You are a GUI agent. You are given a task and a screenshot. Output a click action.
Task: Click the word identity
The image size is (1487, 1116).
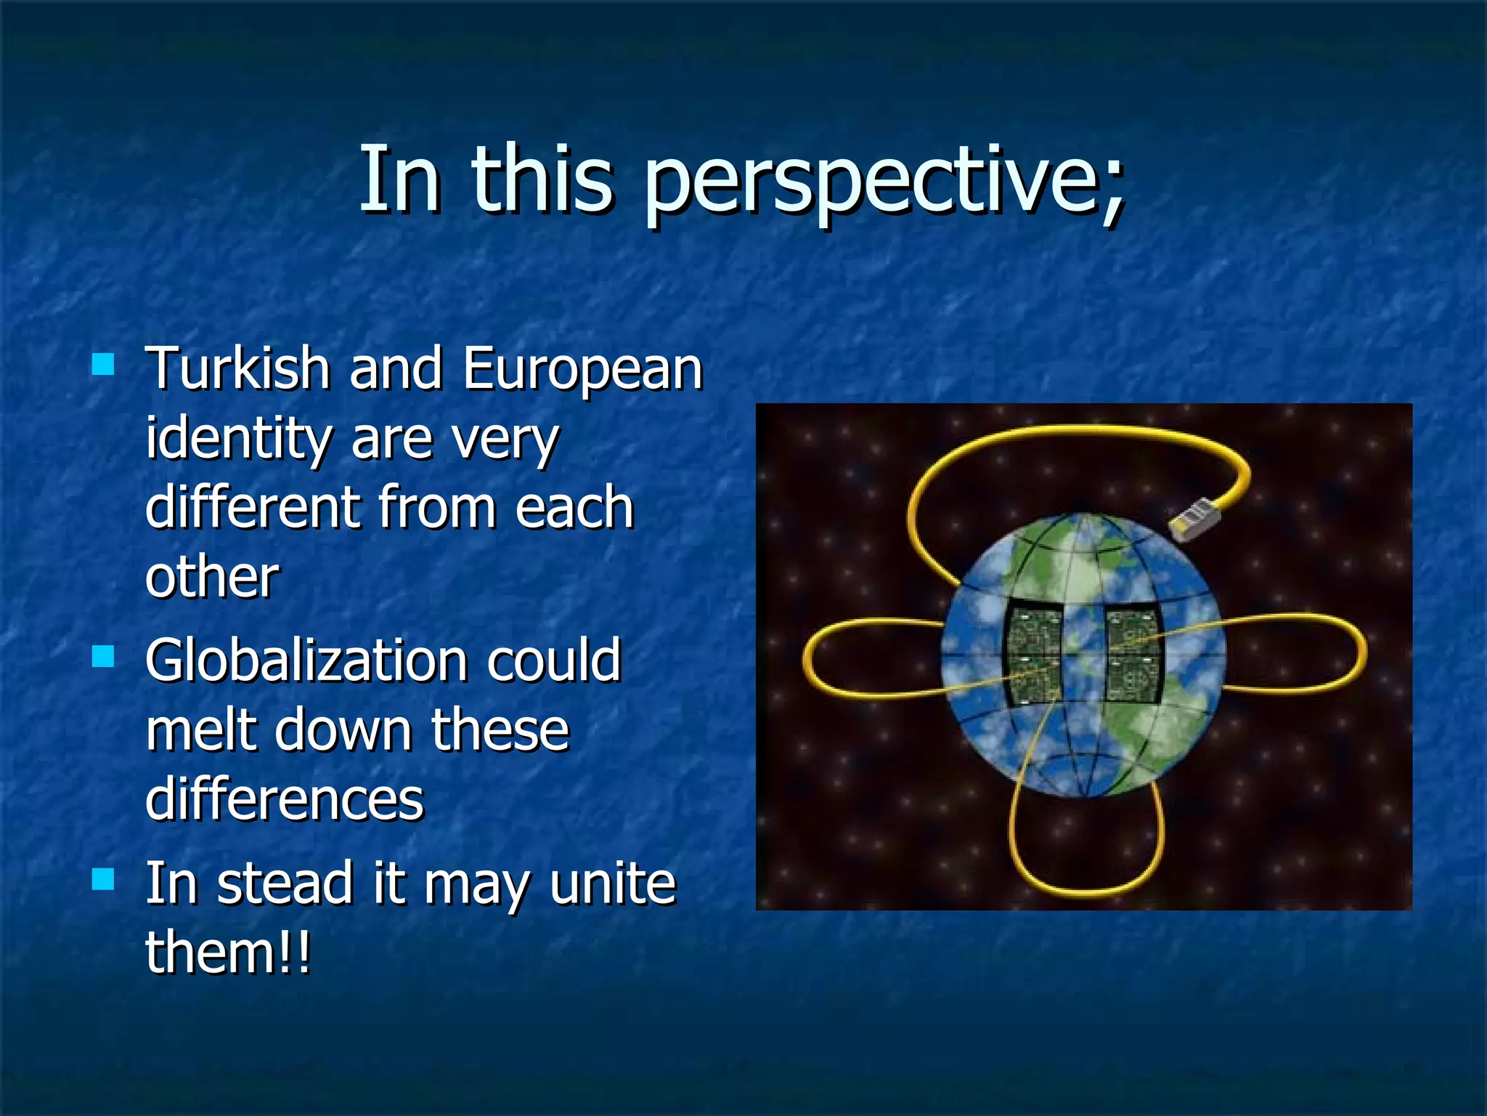(238, 439)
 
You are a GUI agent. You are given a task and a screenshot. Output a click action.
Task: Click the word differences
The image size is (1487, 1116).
(284, 798)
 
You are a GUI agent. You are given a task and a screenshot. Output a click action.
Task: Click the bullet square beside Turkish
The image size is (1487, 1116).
(103, 364)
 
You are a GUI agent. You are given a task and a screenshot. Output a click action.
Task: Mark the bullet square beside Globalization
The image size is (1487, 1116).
(103, 657)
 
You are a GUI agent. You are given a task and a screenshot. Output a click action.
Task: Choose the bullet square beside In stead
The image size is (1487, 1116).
(103, 879)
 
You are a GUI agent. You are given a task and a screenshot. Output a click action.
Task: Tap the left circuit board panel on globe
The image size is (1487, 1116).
(1032, 654)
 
